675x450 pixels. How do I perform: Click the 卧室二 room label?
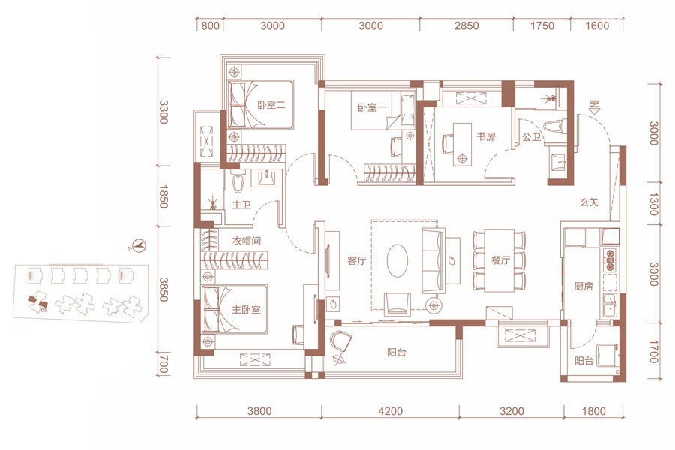point(271,105)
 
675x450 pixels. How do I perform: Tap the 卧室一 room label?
point(372,106)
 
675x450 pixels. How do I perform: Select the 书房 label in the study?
point(485,137)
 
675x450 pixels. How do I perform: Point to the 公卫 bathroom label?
point(531,137)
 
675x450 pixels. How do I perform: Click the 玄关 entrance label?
point(589,202)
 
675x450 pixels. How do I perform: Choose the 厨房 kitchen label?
point(583,286)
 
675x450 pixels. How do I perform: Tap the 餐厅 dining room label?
point(501,260)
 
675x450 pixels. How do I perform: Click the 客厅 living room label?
point(357,260)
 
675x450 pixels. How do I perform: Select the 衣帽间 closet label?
point(247,241)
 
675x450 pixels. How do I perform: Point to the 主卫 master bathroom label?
point(241,205)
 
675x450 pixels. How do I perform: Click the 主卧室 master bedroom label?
point(247,310)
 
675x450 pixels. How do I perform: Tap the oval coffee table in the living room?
point(397,261)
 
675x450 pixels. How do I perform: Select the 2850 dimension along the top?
point(466,25)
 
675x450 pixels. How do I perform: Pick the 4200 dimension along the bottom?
point(391,411)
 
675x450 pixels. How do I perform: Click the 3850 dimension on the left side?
point(163,289)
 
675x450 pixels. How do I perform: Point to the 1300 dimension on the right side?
point(653,204)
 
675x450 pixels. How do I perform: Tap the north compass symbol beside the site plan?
point(139,246)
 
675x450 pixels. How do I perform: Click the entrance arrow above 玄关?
point(595,106)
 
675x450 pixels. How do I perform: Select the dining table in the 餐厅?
point(499,260)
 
